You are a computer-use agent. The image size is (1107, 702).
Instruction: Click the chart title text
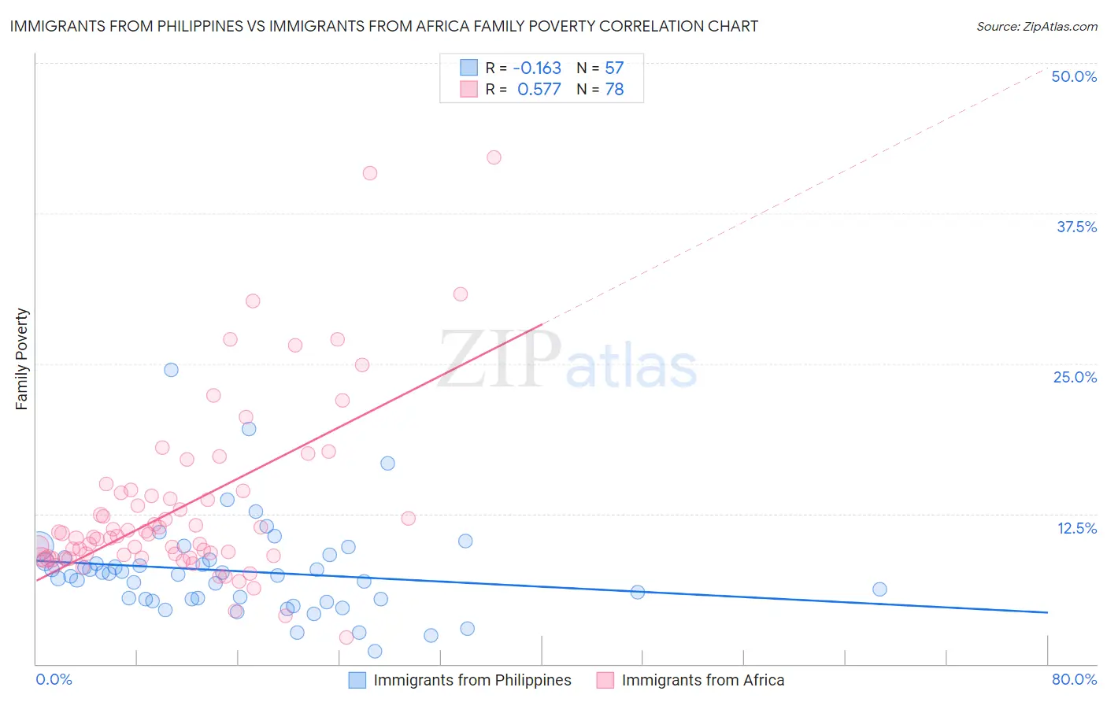(383, 26)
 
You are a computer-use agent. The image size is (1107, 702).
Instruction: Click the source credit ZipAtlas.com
(1036, 26)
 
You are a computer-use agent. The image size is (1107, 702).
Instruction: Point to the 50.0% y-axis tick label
(1074, 76)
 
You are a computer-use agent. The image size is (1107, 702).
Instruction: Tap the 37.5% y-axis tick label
(1076, 227)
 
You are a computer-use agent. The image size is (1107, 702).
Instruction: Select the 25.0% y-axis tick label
(1075, 377)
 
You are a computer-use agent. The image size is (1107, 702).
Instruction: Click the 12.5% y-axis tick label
(1076, 528)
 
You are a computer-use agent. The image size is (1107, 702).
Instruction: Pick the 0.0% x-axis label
(54, 679)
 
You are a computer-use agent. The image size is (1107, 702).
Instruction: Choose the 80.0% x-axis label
(1074, 679)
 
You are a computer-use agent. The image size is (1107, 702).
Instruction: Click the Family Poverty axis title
(22, 359)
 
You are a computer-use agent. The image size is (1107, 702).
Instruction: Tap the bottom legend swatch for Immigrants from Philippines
(357, 680)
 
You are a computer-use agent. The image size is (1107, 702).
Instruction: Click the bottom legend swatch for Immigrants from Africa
(605, 680)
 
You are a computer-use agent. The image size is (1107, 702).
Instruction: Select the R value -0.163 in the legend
(536, 68)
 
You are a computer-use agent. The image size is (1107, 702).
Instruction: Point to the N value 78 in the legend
(614, 90)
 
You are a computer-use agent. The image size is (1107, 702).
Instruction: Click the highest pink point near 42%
(494, 157)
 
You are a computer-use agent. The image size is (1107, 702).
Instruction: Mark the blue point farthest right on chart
(879, 589)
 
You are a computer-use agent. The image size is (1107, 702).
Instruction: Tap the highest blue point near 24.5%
(171, 370)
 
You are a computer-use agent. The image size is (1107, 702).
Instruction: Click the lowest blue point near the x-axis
(375, 651)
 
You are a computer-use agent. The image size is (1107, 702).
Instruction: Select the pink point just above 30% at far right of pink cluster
(461, 294)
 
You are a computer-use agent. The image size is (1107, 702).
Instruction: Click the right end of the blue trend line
(1047, 611)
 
